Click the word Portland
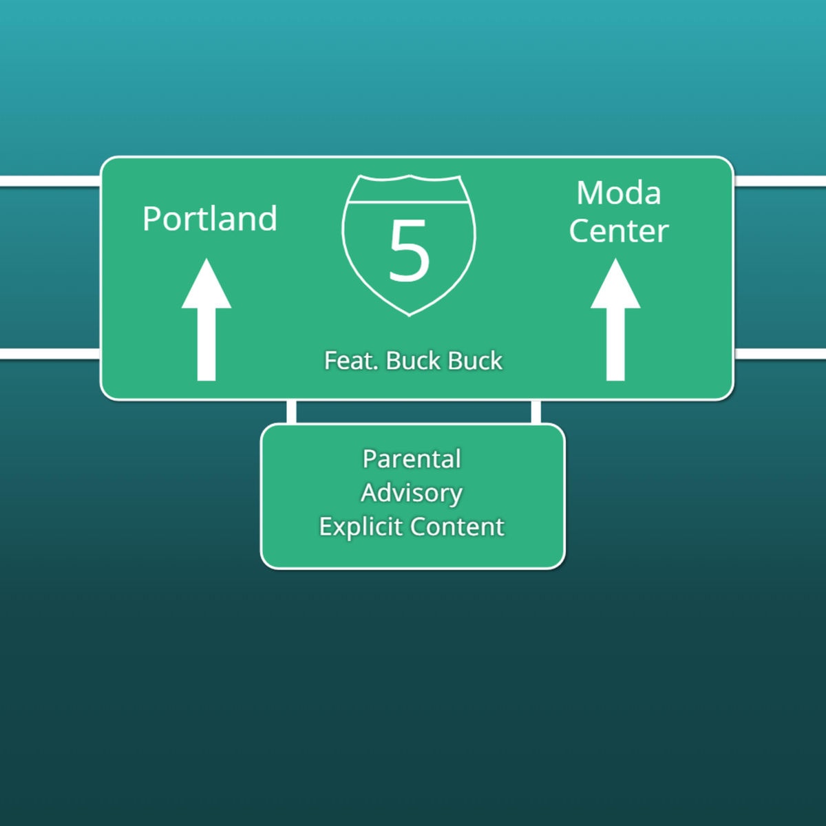pos(210,219)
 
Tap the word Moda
pos(619,193)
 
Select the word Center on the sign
pos(619,231)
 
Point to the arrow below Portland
pos(206,319)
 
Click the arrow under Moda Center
pos(615,319)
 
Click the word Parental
pos(412,459)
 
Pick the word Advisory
pos(412,493)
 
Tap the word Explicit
pos(361,527)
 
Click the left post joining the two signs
pos(291,412)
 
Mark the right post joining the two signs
pos(536,412)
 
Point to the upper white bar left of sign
pos(50,181)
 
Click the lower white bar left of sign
pos(50,354)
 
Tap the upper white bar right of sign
pos(780,181)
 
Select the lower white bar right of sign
pos(780,354)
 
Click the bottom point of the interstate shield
pos(409,316)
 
